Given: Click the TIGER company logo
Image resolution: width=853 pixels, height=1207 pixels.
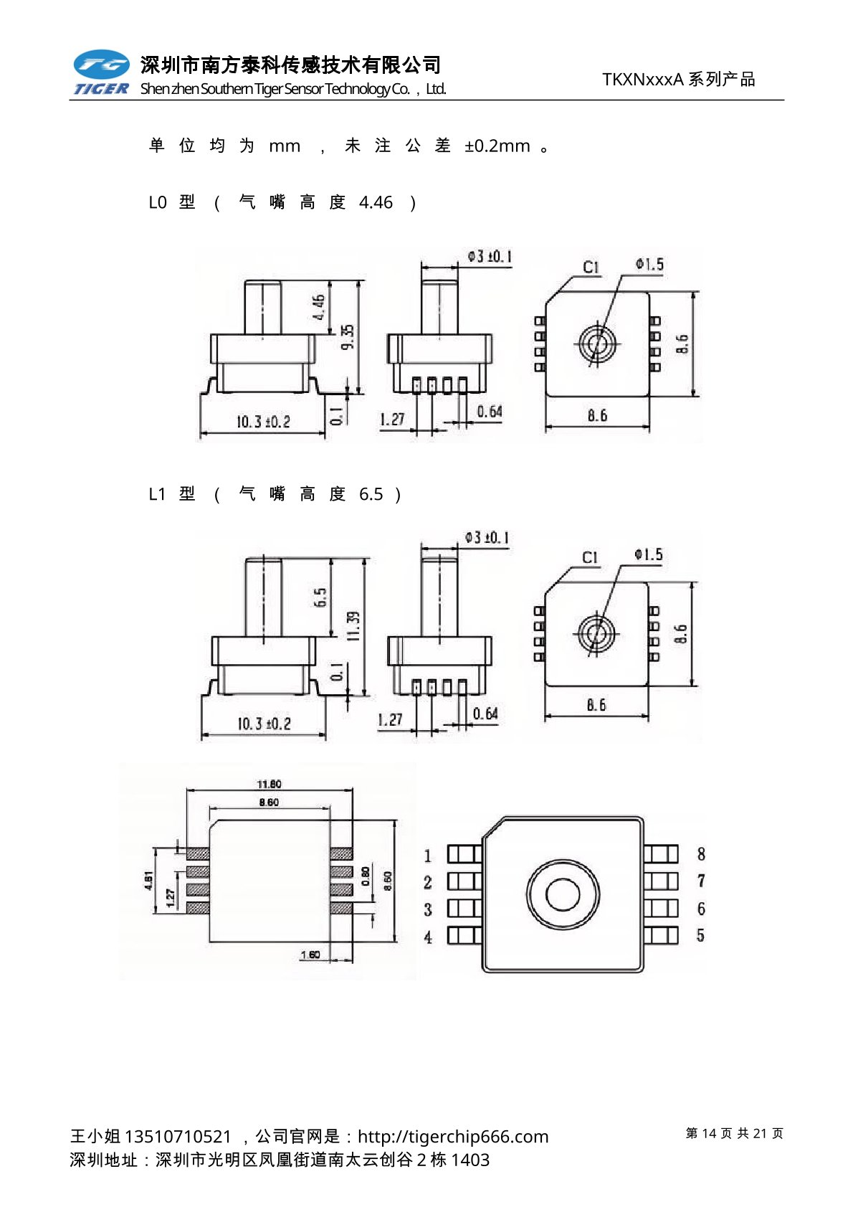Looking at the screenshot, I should (101, 72).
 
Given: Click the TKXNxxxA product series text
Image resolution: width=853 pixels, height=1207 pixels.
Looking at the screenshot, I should (678, 80).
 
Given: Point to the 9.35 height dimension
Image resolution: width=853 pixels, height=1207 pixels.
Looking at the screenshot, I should (348, 337).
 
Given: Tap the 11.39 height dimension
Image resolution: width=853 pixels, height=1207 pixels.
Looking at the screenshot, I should (353, 625).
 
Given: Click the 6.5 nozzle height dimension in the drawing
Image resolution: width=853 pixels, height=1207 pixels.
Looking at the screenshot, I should (320, 597).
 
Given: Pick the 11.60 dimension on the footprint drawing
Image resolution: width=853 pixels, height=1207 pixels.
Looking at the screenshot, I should (269, 784).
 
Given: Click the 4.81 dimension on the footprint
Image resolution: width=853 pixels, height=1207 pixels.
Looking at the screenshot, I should (148, 880).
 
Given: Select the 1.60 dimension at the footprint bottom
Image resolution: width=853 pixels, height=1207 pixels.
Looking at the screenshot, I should (310, 955).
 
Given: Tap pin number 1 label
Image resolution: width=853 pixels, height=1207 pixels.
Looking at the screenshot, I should (428, 855).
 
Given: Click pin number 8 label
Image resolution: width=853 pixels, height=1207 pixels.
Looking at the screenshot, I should (701, 853).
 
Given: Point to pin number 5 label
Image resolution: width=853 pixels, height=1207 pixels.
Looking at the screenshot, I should (701, 935).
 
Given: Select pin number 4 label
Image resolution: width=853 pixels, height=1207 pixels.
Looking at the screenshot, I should (428, 937).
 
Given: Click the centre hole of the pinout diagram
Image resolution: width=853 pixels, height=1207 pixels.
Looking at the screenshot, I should (563, 894).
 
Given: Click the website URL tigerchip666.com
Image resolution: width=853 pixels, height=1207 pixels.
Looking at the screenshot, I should (453, 1137).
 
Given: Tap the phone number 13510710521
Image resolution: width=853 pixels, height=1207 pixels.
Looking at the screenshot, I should (178, 1137).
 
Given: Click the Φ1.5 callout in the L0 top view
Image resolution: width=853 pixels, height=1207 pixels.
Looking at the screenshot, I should (649, 265).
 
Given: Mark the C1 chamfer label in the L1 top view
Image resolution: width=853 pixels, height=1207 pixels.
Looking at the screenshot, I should (589, 557).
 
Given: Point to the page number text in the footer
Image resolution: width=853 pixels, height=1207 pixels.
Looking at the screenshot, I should (734, 1133).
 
